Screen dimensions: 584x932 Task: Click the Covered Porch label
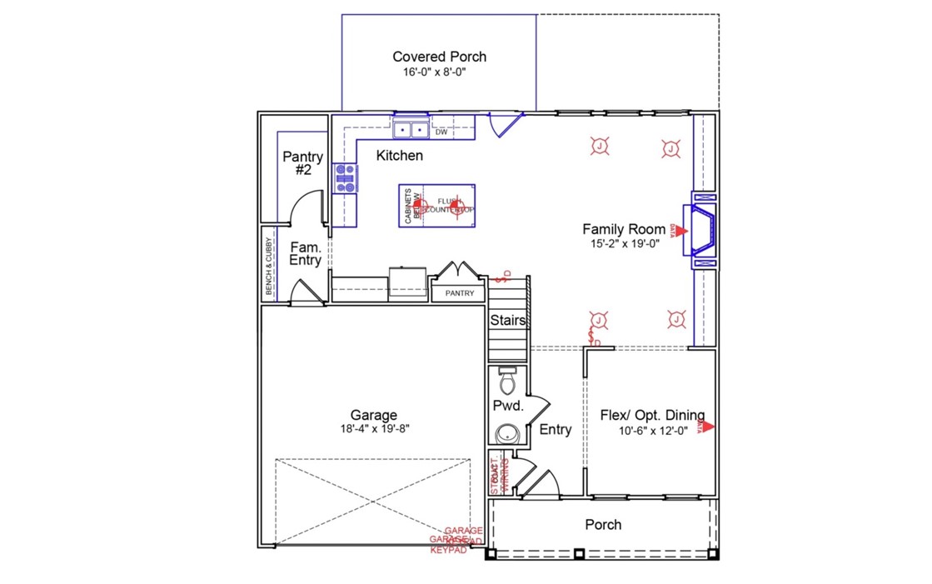click(x=439, y=57)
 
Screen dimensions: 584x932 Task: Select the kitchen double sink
click(x=411, y=130)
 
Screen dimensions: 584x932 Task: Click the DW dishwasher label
click(x=441, y=132)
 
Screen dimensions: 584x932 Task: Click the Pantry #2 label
click(x=297, y=162)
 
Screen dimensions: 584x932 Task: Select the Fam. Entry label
click(x=305, y=253)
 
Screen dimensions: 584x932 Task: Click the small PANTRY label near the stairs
click(x=459, y=293)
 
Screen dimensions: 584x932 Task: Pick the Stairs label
click(x=507, y=320)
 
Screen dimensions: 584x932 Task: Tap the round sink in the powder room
click(x=506, y=433)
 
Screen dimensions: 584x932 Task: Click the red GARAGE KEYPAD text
click(x=456, y=541)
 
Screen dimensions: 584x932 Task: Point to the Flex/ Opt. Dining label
click(x=652, y=415)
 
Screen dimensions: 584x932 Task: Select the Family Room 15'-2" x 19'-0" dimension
click(x=623, y=244)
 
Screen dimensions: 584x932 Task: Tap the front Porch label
click(x=603, y=524)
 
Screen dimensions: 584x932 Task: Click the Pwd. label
click(x=507, y=407)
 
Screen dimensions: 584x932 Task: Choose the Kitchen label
click(x=399, y=155)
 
